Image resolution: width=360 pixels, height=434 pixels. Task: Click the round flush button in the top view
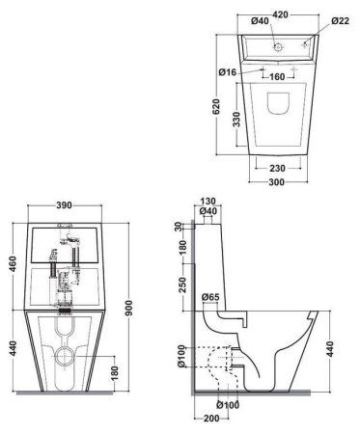coord(276,45)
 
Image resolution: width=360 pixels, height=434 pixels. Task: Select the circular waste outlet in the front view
coord(65,356)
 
